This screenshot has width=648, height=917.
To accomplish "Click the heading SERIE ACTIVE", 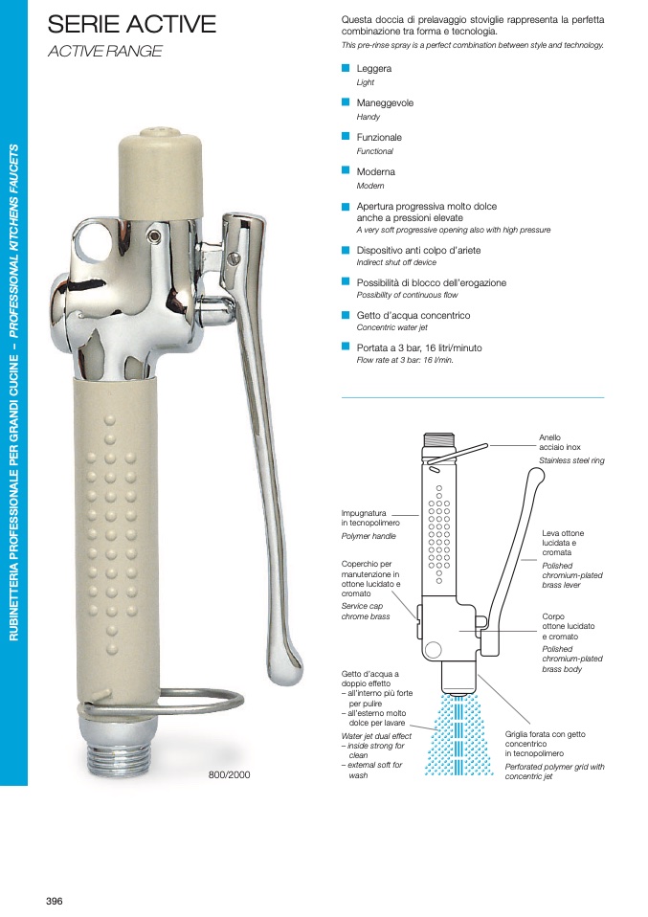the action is (x=131, y=24).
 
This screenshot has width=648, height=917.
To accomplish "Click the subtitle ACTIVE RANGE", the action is (x=105, y=52).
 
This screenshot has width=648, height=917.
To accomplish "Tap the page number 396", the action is (x=55, y=902).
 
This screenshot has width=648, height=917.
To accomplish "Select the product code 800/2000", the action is (x=230, y=775).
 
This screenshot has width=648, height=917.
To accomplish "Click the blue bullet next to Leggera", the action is (x=346, y=68).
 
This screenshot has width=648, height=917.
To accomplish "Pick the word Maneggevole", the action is (x=385, y=103).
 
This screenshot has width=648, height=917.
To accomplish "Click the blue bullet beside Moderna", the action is (x=346, y=170).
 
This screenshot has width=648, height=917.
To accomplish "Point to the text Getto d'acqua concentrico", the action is (x=413, y=315).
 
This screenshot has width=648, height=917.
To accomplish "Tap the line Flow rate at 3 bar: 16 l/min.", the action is (x=405, y=360).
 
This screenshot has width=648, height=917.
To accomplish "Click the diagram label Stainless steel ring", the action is (x=571, y=460).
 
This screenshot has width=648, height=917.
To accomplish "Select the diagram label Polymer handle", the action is (x=369, y=536).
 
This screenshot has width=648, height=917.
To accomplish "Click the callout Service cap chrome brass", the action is (x=366, y=611).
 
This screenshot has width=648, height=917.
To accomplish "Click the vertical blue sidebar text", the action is (x=14, y=391).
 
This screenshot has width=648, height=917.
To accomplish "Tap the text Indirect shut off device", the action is (x=396, y=262).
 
